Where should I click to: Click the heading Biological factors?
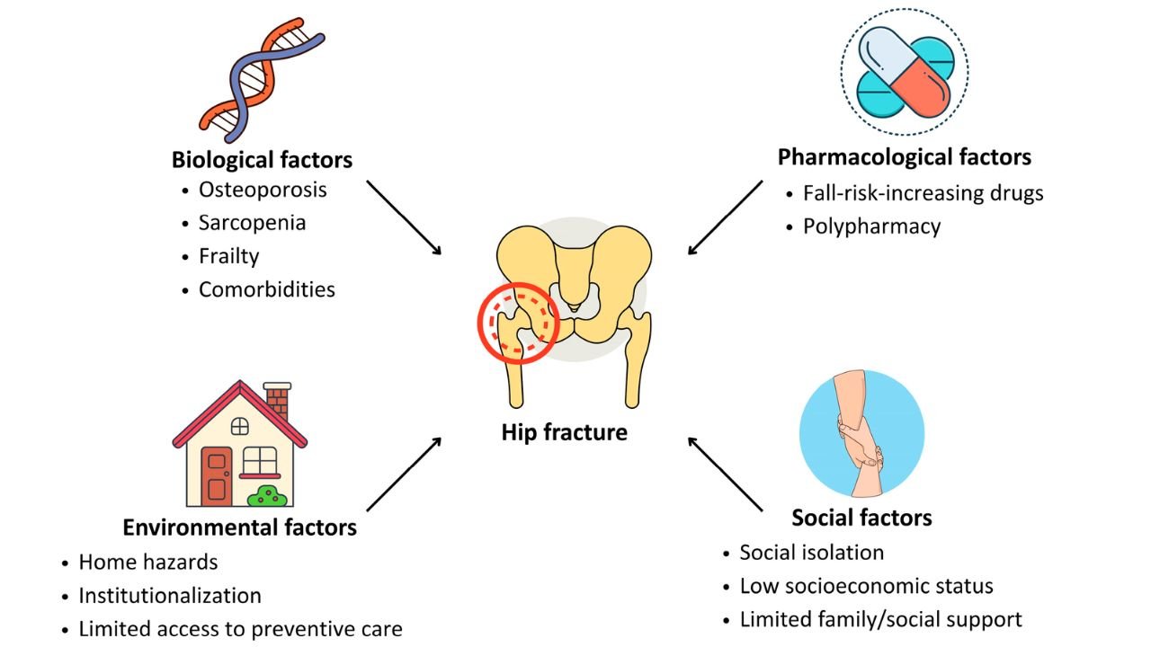[262, 161]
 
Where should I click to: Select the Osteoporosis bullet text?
[263, 190]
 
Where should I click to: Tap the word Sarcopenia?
[252, 223]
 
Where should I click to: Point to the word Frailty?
[228, 256]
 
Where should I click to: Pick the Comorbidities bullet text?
[266, 289]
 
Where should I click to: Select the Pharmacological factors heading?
[904, 157]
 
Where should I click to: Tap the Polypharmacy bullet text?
[871, 226]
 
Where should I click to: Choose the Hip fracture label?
[564, 432]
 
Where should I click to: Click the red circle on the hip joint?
[518, 322]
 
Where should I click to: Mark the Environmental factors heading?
[239, 527]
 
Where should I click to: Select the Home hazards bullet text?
[148, 562]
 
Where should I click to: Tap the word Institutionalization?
[170, 595]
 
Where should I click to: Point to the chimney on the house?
[277, 399]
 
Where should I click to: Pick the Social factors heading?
[861, 518]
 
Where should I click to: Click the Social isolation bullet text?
[811, 552]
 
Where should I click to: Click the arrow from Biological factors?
[404, 217]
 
